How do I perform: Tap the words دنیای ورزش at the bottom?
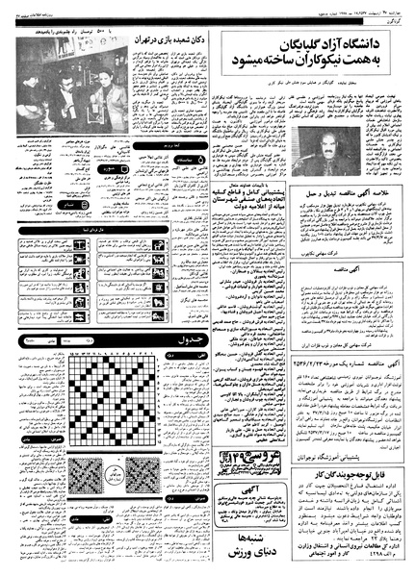253,555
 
